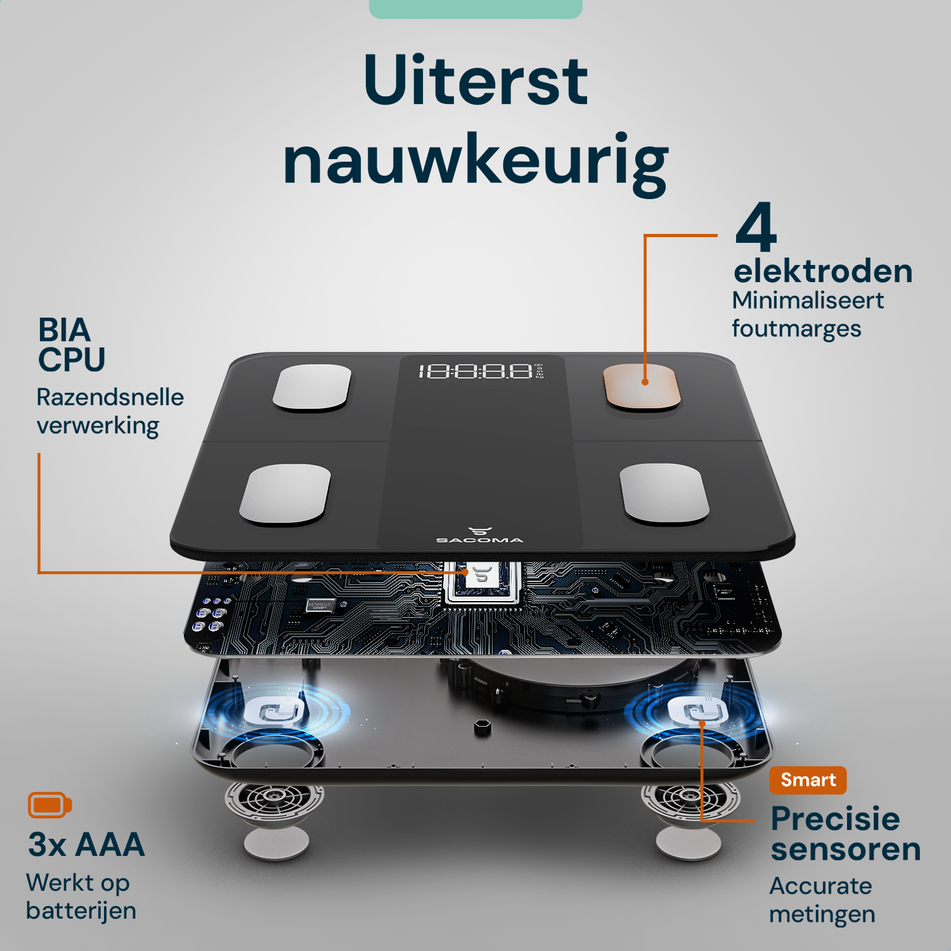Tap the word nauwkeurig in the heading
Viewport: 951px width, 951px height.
tap(475, 162)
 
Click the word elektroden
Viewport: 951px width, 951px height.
tap(823, 271)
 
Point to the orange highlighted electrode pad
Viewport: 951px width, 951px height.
tap(642, 385)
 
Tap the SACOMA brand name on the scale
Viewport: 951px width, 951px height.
tap(480, 540)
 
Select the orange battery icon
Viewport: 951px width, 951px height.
tap(49, 805)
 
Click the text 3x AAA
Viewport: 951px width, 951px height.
tap(86, 844)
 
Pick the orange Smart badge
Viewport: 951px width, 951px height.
tap(808, 780)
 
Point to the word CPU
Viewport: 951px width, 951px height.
tap(72, 359)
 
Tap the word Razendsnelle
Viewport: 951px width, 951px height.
tap(110, 397)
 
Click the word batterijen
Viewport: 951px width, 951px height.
tap(81, 911)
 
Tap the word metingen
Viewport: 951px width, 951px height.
tap(822, 915)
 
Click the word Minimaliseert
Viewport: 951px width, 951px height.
tap(808, 301)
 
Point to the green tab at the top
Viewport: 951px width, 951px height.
tap(475, 9)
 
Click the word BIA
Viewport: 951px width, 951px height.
tap(64, 330)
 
